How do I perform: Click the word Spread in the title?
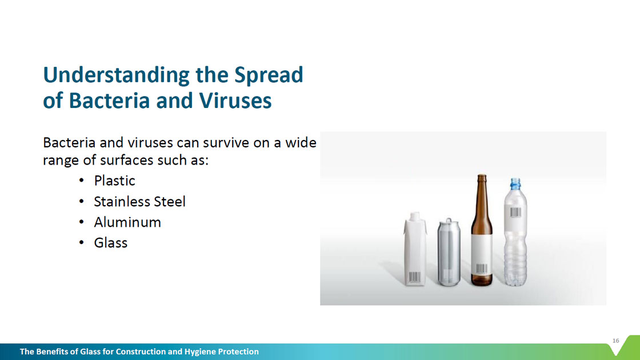(x=268, y=75)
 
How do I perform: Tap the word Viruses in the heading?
(x=235, y=101)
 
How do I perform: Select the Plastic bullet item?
(x=114, y=181)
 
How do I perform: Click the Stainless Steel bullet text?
(x=139, y=201)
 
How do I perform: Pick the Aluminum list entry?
(x=127, y=222)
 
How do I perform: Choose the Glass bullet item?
(x=111, y=243)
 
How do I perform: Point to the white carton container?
(x=415, y=249)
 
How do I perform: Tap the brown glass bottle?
(x=482, y=230)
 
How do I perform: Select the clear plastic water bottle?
(x=515, y=232)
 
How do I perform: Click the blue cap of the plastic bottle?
(x=515, y=183)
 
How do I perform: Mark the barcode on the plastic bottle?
(x=515, y=212)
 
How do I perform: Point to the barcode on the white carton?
(x=415, y=277)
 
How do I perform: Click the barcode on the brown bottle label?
(x=482, y=269)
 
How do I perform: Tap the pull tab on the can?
(x=449, y=221)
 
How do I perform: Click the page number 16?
(x=615, y=341)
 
